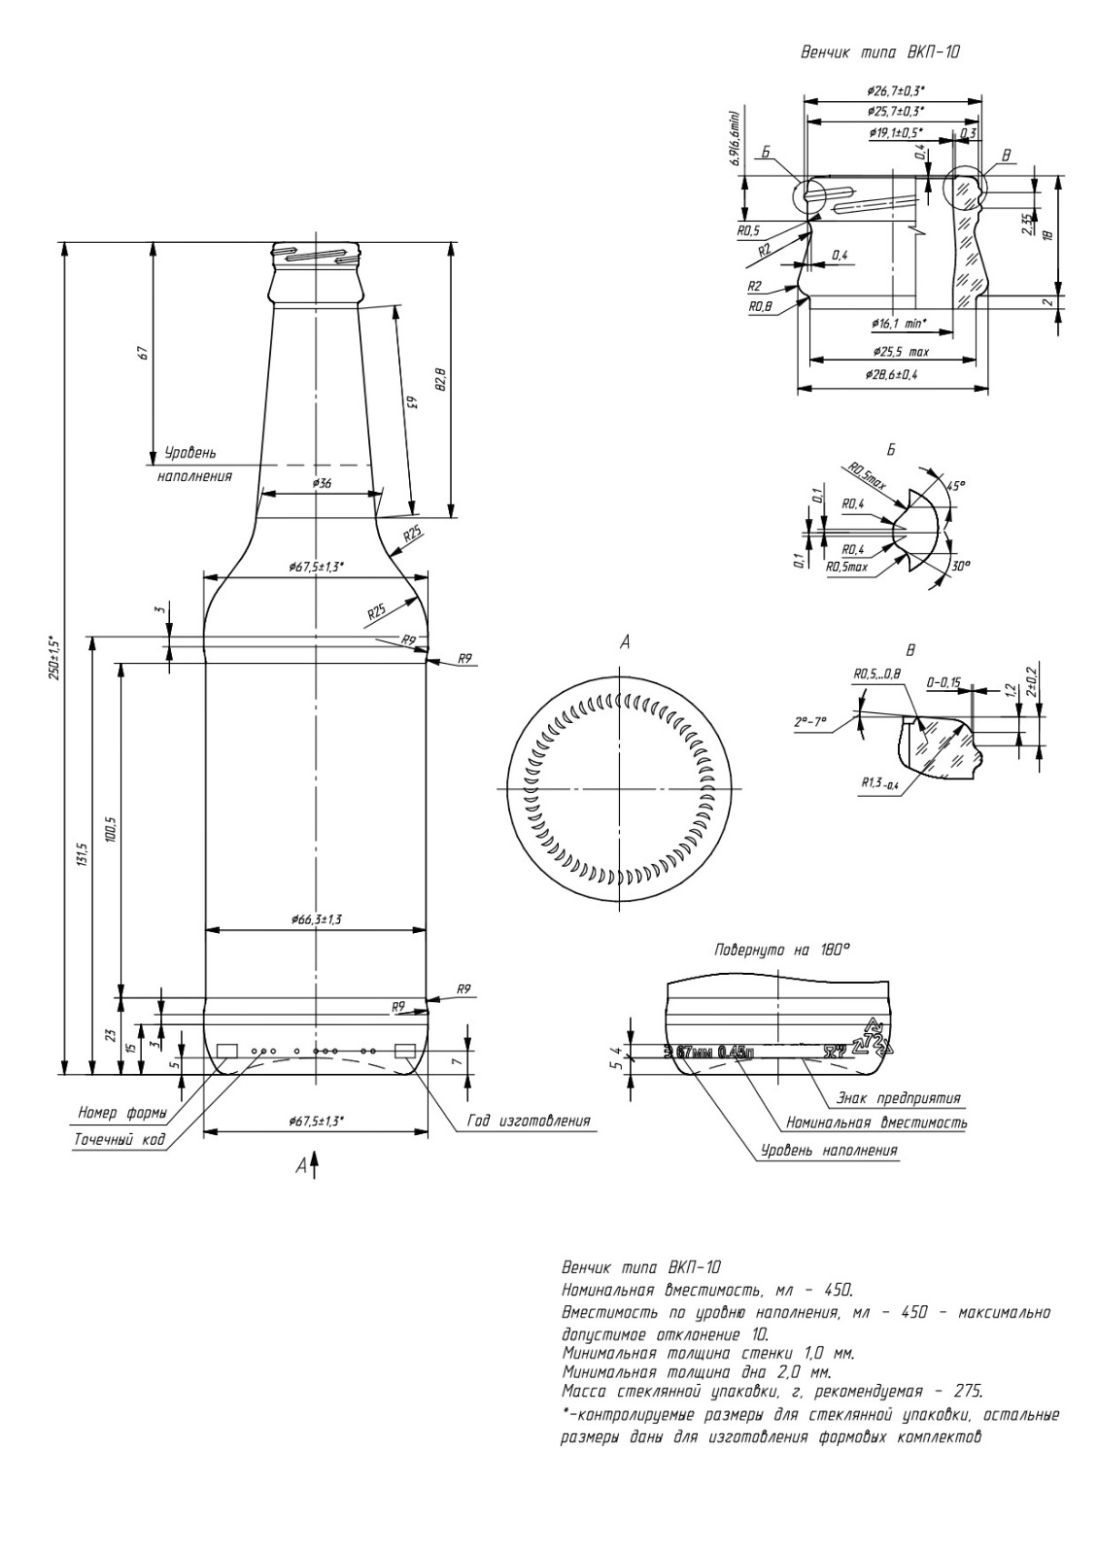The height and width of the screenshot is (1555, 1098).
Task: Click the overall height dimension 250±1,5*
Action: [x=54, y=656]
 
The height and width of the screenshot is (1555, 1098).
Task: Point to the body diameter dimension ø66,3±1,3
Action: [x=316, y=918]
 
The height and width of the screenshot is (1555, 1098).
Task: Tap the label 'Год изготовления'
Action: [x=529, y=1121]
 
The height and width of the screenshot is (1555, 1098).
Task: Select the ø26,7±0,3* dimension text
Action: [x=896, y=89]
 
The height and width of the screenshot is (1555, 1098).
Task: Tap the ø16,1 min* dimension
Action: [x=899, y=323]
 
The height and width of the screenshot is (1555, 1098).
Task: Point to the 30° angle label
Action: [x=959, y=566]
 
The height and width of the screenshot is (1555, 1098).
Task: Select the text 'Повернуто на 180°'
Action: [x=781, y=950]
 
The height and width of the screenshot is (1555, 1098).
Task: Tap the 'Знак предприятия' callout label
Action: [x=898, y=1098]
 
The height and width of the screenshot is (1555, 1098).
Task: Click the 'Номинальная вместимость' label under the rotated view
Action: [x=876, y=1123]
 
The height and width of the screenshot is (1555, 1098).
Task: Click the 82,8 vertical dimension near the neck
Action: [x=439, y=379]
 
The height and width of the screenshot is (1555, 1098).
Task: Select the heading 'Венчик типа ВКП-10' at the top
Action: [x=879, y=52]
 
